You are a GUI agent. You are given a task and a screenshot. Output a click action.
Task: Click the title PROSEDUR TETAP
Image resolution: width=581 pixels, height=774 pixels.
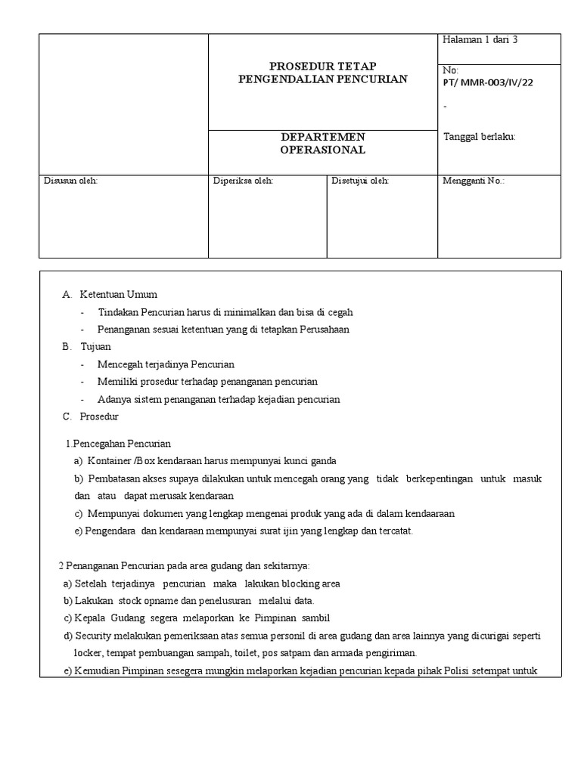tap(323, 66)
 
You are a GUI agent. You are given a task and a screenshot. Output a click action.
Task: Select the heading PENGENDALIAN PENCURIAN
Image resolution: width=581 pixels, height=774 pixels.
tap(323, 79)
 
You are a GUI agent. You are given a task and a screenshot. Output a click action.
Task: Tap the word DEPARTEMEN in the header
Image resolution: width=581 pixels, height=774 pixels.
tap(323, 137)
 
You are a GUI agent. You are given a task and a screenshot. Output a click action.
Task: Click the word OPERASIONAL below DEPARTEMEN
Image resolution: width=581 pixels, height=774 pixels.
tap(323, 150)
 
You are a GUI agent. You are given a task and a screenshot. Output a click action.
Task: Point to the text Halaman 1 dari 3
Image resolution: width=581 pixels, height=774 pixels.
tap(480, 40)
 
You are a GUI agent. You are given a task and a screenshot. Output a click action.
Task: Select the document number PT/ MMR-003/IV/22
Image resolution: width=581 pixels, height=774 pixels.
tap(487, 82)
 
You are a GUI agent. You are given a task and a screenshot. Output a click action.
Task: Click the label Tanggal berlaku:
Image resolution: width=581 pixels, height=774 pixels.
tap(479, 137)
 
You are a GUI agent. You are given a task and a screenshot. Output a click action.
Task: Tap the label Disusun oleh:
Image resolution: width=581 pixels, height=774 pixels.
tap(71, 181)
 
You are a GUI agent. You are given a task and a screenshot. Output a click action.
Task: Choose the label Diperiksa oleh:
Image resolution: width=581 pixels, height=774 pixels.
tap(243, 181)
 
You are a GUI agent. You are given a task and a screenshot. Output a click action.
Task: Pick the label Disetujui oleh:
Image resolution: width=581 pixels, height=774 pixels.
tap(360, 181)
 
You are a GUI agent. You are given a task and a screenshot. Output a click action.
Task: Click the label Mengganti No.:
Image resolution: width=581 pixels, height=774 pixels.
tap(473, 181)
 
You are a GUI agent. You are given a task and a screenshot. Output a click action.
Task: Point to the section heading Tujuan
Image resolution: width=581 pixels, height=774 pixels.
tap(95, 346)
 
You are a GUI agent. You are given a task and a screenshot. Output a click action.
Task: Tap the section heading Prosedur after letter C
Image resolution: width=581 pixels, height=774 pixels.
tap(99, 416)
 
